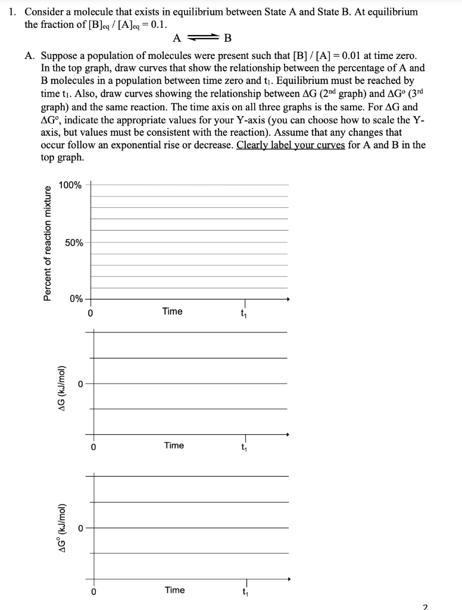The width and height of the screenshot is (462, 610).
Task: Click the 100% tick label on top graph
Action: tap(70, 185)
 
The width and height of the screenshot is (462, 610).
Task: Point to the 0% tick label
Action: tap(76, 298)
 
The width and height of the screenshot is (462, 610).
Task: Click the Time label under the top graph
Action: tap(172, 312)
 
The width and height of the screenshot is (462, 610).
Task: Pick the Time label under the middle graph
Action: tap(174, 446)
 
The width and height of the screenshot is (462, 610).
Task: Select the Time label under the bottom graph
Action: tap(174, 590)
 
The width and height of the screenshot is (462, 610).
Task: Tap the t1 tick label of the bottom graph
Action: tap(245, 592)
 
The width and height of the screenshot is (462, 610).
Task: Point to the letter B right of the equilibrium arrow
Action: tap(227, 39)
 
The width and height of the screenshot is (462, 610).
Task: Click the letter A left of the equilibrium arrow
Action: tap(177, 39)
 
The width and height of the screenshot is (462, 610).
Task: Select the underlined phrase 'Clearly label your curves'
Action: tap(291, 145)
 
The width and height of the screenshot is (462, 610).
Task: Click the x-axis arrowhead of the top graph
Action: tap(288, 299)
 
